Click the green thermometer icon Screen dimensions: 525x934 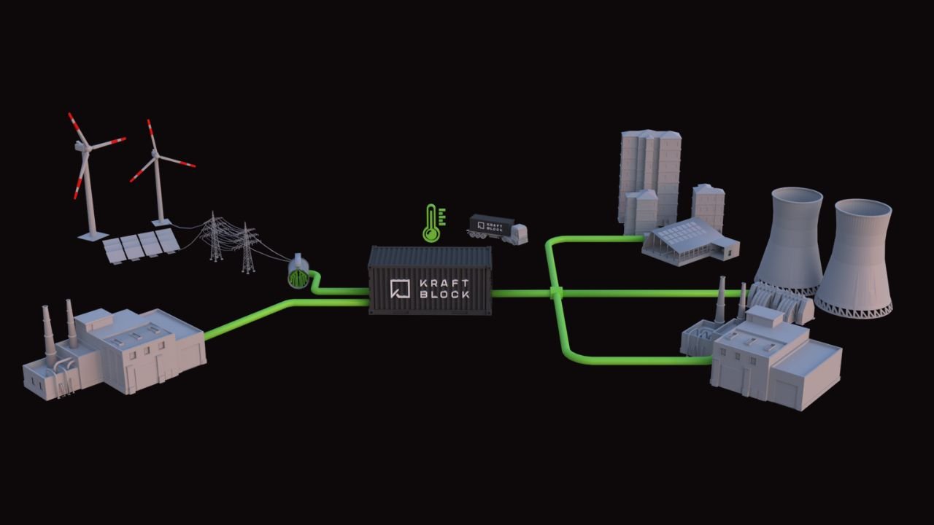click(x=432, y=224)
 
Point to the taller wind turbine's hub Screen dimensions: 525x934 click(x=87, y=147)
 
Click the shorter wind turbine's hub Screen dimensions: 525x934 click(x=155, y=155)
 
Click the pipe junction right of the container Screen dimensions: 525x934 click(x=557, y=293)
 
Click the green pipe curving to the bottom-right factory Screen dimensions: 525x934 click(x=584, y=357)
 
